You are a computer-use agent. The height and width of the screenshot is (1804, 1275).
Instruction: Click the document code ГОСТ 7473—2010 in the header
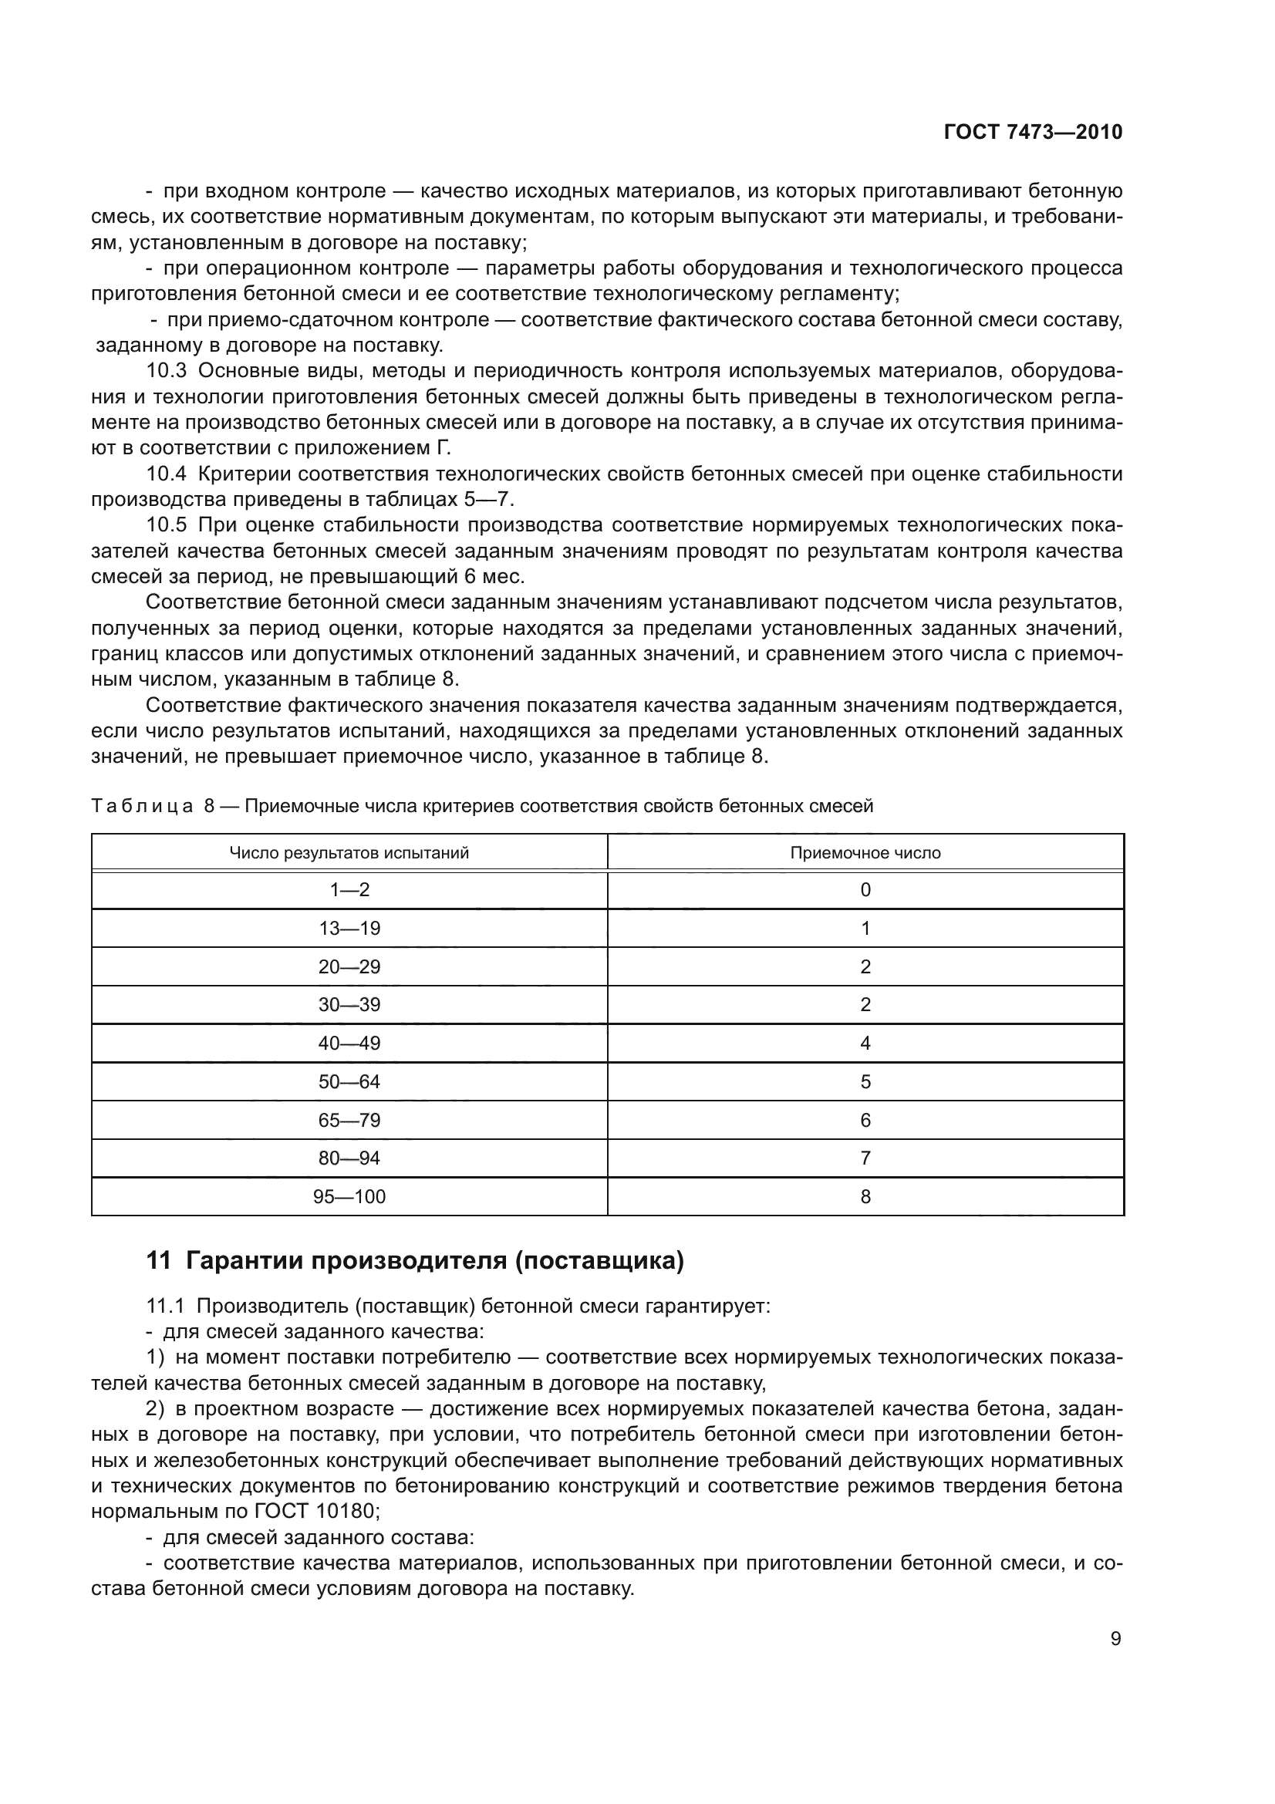click(1032, 132)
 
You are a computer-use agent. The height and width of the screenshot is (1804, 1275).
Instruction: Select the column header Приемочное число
click(865, 853)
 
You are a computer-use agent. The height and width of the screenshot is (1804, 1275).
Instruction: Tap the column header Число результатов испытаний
click(349, 853)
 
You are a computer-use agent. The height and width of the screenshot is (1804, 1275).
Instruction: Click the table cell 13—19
click(349, 929)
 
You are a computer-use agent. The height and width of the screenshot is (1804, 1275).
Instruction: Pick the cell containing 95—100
click(349, 1197)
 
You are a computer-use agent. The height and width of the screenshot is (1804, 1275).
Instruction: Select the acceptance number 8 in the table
click(865, 1197)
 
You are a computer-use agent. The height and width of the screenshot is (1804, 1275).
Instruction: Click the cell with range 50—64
click(349, 1082)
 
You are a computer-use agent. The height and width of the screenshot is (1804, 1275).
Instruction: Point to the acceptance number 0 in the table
click(865, 890)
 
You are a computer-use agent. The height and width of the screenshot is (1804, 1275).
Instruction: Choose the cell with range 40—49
click(349, 1044)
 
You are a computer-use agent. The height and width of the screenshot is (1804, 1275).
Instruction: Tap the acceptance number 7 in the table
click(865, 1158)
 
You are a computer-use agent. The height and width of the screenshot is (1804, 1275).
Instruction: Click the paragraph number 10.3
click(167, 371)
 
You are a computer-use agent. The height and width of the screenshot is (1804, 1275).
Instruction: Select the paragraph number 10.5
click(167, 525)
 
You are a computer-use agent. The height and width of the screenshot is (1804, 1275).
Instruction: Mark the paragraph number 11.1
click(165, 1307)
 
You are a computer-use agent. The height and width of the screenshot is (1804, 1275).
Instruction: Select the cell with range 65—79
click(349, 1121)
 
